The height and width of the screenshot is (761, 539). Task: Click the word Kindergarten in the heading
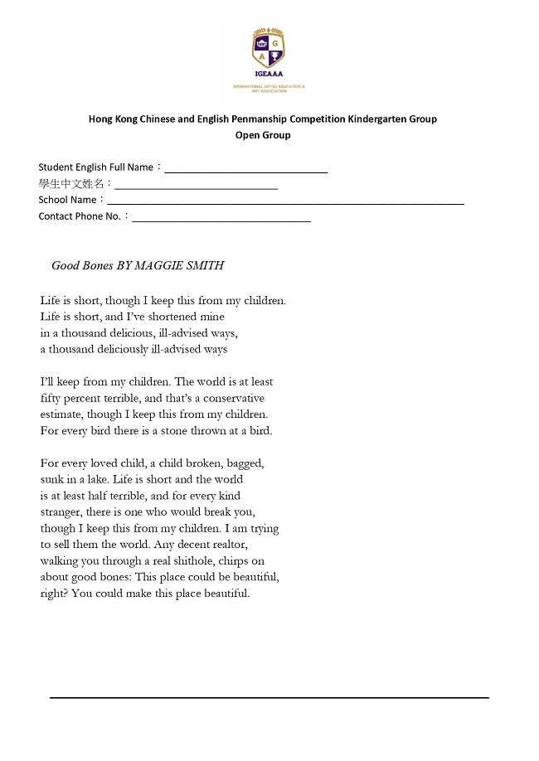click(x=371, y=119)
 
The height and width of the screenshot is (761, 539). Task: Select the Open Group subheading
click(x=263, y=134)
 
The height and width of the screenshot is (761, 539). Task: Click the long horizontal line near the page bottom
click(x=269, y=698)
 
